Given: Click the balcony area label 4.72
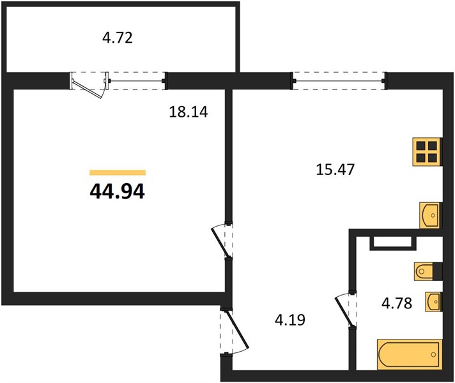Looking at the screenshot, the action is [x=118, y=38].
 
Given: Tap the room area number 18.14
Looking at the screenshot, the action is [x=189, y=112].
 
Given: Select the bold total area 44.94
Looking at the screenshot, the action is [x=117, y=191].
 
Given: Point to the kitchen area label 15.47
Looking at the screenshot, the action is [x=335, y=169].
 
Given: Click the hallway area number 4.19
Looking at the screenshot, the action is [x=290, y=320].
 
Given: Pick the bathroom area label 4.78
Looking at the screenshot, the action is [x=397, y=304].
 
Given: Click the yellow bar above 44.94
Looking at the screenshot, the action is [x=118, y=173].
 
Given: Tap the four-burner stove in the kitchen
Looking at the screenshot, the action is [x=427, y=152].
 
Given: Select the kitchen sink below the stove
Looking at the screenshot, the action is [x=430, y=215].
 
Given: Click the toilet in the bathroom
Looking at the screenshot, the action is [x=428, y=272].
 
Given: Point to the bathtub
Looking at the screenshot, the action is [x=410, y=354].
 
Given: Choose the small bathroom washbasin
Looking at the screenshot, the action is [x=433, y=302].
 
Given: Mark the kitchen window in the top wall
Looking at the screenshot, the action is [x=339, y=81].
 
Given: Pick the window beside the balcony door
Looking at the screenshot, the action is [x=137, y=81].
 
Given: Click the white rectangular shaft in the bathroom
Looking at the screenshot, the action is [x=393, y=243].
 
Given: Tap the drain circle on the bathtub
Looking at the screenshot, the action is [x=433, y=354].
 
